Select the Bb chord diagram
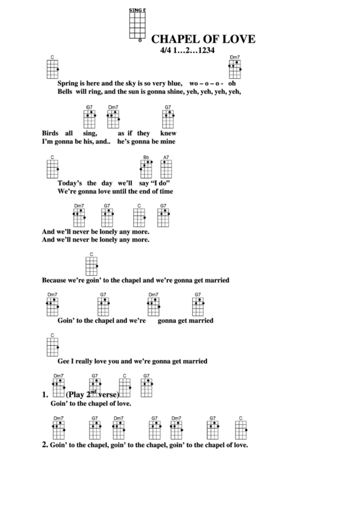pos(146,169)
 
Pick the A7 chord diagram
pos(166,169)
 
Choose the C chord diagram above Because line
pos(92,264)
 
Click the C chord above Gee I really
pos(52,346)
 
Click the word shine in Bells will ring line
pos(178,91)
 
